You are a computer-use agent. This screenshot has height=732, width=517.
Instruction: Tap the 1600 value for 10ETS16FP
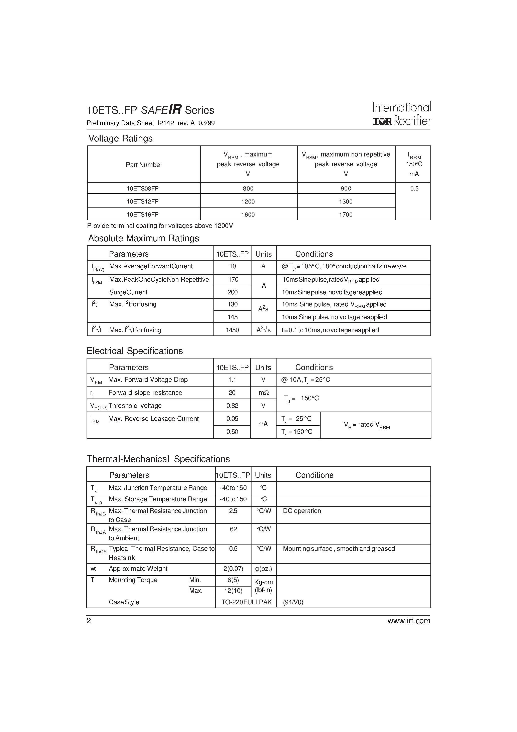pos(248,215)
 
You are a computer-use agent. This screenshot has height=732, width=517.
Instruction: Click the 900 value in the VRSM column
pos(346,189)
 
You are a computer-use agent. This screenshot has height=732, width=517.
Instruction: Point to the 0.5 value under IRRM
pos(414,189)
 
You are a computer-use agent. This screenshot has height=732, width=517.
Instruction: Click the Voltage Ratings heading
pos(120,138)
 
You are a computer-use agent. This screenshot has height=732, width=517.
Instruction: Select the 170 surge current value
pos(233,280)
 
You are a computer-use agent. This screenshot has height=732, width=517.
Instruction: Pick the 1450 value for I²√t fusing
pos(232,330)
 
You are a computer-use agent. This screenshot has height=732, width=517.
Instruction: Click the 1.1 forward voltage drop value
pos(232,380)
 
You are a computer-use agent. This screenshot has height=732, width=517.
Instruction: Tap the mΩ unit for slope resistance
pos(264,393)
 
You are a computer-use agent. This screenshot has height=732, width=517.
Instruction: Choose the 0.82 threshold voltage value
pos(232,406)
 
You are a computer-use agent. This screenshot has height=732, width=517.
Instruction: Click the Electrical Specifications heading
pos(135,351)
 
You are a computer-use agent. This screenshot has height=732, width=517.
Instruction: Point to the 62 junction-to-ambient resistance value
pos(233,529)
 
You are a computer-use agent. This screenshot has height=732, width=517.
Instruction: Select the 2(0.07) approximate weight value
pos(233,569)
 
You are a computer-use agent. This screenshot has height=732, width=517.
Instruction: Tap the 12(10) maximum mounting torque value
pos(233,591)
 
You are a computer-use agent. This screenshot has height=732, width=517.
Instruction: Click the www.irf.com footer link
pos(409,621)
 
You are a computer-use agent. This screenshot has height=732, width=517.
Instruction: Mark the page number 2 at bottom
pos(89,621)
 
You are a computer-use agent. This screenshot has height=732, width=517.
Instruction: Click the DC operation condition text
pos(302,511)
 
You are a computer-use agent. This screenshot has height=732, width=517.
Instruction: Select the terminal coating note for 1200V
pos(160,226)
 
